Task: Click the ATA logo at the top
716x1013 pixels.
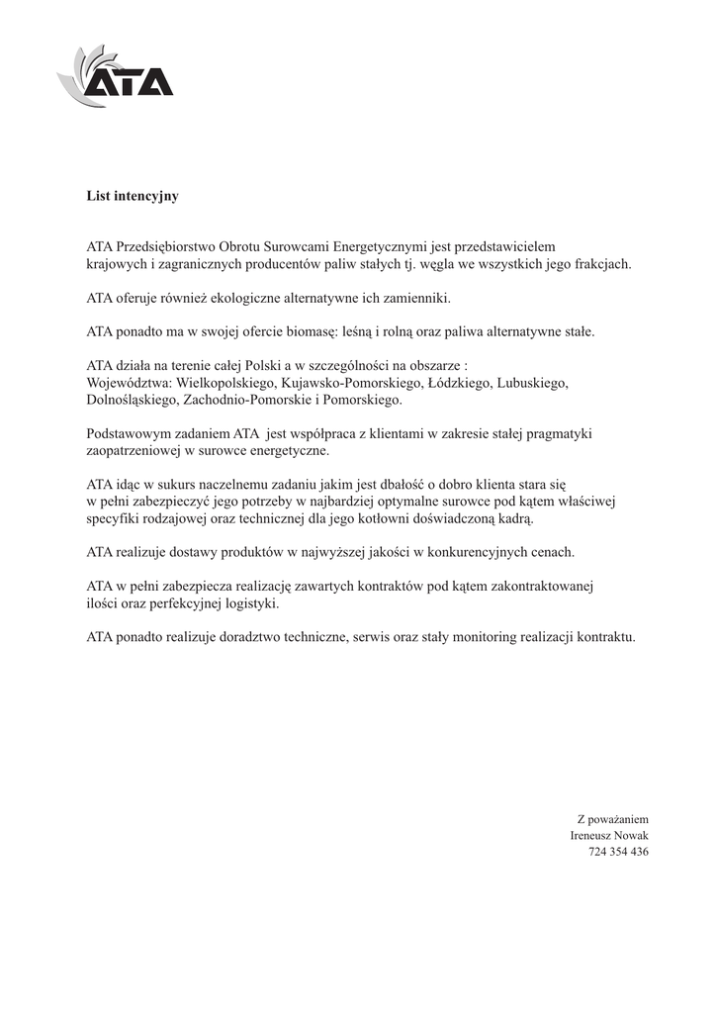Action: pos(116,75)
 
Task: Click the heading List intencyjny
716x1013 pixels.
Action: pos(133,196)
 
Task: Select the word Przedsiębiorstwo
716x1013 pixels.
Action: pos(165,245)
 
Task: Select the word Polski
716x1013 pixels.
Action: pos(263,365)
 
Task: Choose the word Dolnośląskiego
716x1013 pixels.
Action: pos(132,400)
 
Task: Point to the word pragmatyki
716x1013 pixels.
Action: pos(561,433)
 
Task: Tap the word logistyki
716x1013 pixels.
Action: pos(251,603)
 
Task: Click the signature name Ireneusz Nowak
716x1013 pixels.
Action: pos(609,836)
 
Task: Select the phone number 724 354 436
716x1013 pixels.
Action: pos(618,852)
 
